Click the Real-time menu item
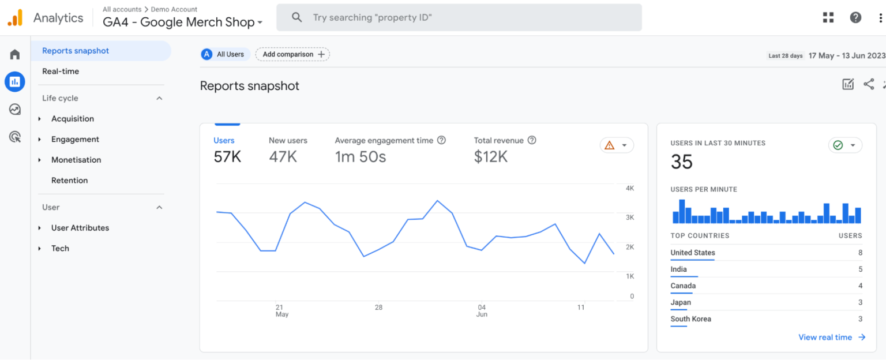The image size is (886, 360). [x=61, y=72]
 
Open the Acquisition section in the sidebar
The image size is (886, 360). [x=73, y=119]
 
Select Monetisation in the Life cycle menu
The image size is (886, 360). [x=76, y=160]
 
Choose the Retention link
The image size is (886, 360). [x=70, y=181]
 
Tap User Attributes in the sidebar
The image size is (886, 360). [x=80, y=228]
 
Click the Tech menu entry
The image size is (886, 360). [x=60, y=249]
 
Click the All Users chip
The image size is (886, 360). [x=225, y=54]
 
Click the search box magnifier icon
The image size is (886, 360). [x=297, y=18]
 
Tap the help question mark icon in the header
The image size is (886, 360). [x=855, y=17]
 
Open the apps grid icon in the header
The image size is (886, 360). [x=828, y=17]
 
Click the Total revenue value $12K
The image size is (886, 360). [x=491, y=157]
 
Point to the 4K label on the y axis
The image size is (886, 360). [x=630, y=188]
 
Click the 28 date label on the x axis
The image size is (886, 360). [x=378, y=307]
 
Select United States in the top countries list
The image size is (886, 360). [x=693, y=253]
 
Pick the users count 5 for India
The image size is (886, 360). [x=860, y=269]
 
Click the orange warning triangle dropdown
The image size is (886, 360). [x=616, y=145]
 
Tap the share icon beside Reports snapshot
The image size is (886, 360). [x=869, y=84]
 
